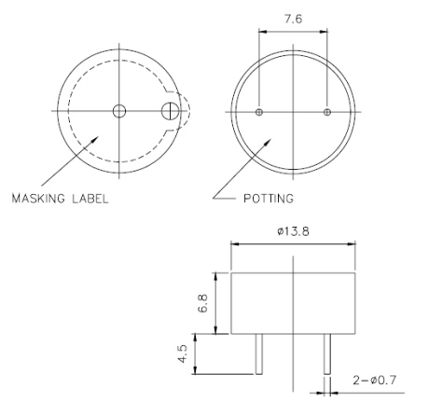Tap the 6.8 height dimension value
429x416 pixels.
(204, 304)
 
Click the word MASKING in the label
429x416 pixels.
(43, 198)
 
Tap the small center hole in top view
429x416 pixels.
(118, 112)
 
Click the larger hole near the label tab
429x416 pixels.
(170, 112)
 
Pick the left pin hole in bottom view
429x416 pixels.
(259, 112)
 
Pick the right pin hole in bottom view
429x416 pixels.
(326, 112)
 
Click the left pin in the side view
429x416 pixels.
(259, 355)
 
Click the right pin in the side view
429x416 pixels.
(326, 355)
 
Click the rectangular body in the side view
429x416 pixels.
(293, 303)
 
